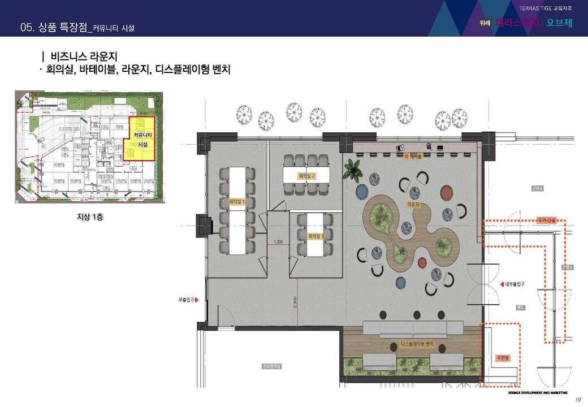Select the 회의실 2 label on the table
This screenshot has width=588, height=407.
click(x=306, y=176)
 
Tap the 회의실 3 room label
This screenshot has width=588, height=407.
click(x=315, y=236)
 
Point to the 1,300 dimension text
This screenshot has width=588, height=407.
click(x=278, y=243)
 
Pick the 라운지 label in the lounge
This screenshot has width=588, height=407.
click(x=413, y=204)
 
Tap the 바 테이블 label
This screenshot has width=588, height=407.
click(x=412, y=157)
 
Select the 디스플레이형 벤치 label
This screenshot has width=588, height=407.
click(x=417, y=344)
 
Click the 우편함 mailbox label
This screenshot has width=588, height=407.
click(x=503, y=358)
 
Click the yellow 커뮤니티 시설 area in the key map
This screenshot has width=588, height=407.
click(x=141, y=138)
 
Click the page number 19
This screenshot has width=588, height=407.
click(x=577, y=400)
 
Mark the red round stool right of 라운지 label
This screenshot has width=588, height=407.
click(x=446, y=194)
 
